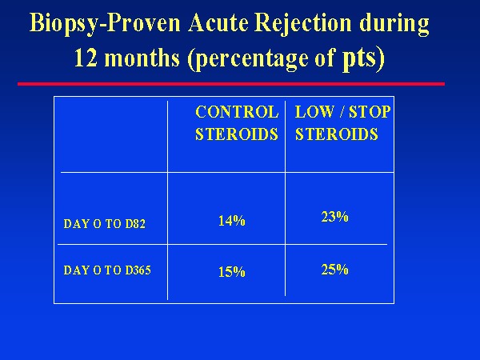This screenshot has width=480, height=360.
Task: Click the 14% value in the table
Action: point(232,221)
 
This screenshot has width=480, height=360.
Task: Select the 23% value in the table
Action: point(334,217)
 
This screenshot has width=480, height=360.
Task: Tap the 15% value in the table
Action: point(232,272)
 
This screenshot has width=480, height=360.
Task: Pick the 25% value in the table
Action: point(334,270)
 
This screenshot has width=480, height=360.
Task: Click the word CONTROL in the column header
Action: point(237,112)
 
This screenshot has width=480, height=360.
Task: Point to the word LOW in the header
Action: point(314,112)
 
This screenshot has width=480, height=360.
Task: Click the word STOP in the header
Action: point(370,112)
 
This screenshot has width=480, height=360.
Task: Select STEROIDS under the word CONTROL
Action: point(237,134)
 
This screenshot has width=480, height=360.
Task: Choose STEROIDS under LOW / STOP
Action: point(337,134)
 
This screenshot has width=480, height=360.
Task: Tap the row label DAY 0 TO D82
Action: point(104,224)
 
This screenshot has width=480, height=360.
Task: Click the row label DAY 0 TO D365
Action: point(107,270)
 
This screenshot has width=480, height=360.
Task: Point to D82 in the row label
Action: point(135,224)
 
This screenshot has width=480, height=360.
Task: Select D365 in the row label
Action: point(138,270)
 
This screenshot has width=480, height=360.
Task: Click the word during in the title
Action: point(394,24)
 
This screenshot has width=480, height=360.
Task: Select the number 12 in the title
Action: point(86,58)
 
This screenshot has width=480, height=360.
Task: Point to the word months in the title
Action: point(142,58)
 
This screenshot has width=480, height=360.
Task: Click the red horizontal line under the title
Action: point(231,84)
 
